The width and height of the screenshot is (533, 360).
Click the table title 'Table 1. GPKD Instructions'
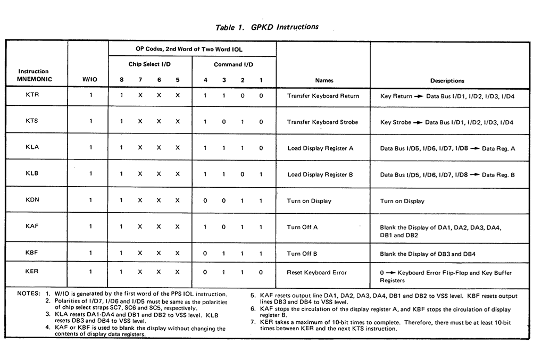(x=267, y=27)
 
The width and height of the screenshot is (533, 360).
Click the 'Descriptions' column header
(x=447, y=81)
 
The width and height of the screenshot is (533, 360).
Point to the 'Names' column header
(x=324, y=81)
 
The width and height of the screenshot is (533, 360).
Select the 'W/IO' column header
(x=89, y=81)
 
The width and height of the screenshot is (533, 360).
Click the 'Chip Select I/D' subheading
(x=149, y=64)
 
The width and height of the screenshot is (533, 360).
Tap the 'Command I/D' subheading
(x=234, y=64)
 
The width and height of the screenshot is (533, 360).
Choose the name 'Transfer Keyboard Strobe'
(x=323, y=122)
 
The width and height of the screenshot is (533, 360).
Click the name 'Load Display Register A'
(x=320, y=148)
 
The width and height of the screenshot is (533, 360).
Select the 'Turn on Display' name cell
(x=309, y=201)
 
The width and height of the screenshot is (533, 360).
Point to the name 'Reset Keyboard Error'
(x=317, y=272)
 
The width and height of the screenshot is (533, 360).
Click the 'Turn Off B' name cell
(x=302, y=254)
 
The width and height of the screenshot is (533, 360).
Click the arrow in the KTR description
(x=418, y=96)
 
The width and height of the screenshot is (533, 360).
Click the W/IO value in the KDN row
(x=90, y=200)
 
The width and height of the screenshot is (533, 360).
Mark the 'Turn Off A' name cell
(x=302, y=227)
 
